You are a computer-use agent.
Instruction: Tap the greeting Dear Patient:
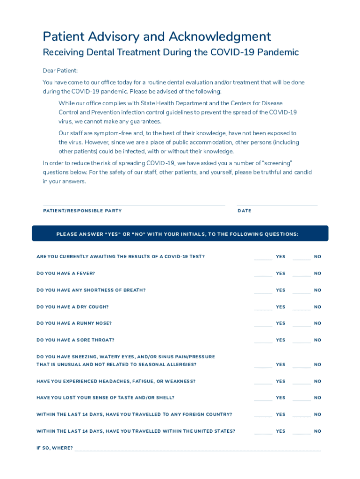pos(60,71)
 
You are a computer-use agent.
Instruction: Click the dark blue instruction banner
pos(180,233)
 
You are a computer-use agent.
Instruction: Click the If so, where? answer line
pos(197,450)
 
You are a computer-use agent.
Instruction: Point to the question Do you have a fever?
pos(65,273)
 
